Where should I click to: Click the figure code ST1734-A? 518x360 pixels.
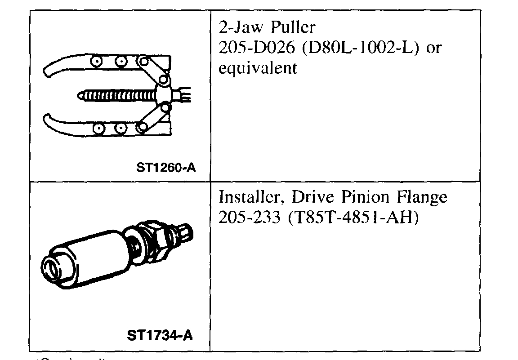(161, 336)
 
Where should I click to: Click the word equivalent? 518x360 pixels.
(257, 69)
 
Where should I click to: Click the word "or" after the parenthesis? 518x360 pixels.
(433, 49)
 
